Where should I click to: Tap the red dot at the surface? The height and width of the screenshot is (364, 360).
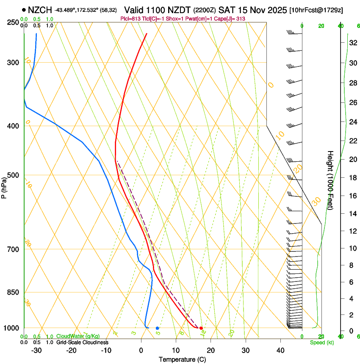coord(201,328)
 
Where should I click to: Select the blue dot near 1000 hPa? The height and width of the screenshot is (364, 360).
coord(157,328)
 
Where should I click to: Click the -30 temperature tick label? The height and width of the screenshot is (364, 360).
coord(36,350)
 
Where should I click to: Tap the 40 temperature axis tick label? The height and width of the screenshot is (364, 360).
coord(280,350)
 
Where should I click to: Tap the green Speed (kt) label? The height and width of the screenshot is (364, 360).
coord(321,342)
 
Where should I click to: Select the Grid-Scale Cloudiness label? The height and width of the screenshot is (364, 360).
coord(82,342)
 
